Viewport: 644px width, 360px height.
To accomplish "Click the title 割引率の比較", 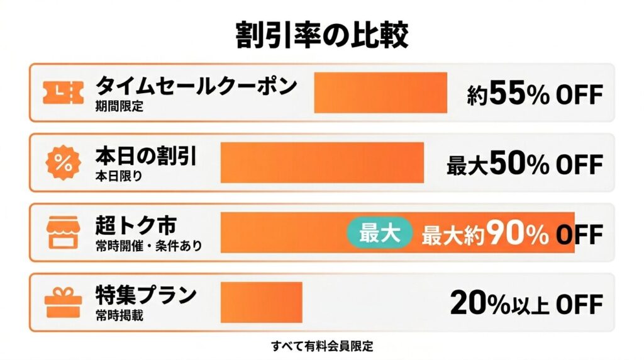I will click(x=321, y=35).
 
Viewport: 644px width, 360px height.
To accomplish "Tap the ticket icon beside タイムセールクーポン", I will click(x=63, y=93).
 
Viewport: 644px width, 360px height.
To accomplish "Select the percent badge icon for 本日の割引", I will click(x=63, y=163).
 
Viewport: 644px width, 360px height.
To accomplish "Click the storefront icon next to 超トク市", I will click(x=63, y=233).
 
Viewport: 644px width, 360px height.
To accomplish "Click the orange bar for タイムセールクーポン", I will click(x=380, y=93).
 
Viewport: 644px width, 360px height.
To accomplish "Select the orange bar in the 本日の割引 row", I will click(x=322, y=163).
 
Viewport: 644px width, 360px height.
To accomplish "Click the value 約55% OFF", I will click(x=535, y=94).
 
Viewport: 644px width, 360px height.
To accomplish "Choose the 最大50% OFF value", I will click(x=525, y=165).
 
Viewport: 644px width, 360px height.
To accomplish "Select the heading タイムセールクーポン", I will click(x=196, y=86).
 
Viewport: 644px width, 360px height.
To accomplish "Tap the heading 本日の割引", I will click(x=146, y=155).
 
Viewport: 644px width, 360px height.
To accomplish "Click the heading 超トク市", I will click(x=135, y=225).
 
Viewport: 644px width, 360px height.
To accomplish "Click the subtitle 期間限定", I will click(x=119, y=106).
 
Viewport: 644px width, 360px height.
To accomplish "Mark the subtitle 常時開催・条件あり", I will click(x=149, y=245).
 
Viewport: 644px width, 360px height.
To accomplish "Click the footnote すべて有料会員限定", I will click(x=322, y=346).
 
